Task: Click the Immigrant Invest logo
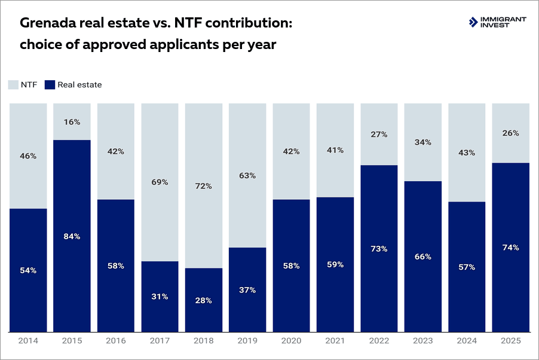(x=497, y=22)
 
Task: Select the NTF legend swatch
(x=14, y=85)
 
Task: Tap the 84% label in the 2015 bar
(x=72, y=236)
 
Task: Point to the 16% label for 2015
(x=72, y=121)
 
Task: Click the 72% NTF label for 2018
(x=203, y=186)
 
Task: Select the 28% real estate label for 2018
(x=203, y=300)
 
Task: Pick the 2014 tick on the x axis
(x=28, y=341)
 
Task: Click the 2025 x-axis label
(x=510, y=341)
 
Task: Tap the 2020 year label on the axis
(x=291, y=341)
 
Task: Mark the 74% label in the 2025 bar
(x=510, y=248)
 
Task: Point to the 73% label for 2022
(x=379, y=249)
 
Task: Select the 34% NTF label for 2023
(x=422, y=142)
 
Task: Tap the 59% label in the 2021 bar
(x=335, y=264)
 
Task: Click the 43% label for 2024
(x=467, y=152)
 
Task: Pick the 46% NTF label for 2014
(x=28, y=156)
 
